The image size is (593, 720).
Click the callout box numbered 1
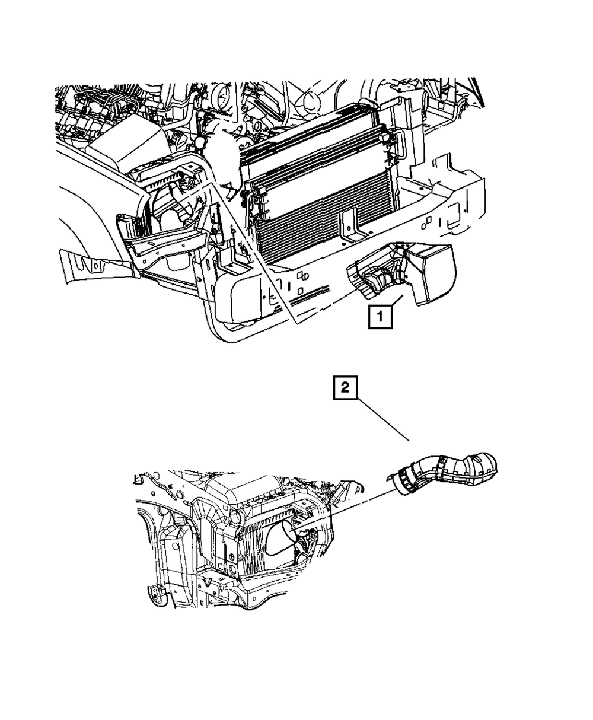point(380,317)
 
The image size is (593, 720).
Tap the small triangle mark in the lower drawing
point(208,582)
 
